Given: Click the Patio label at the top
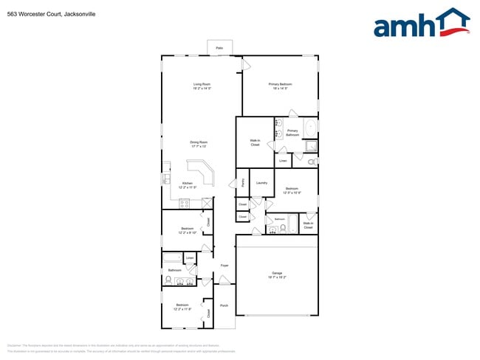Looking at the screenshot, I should click(x=219, y=48).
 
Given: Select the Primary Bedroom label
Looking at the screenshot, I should click(x=280, y=84).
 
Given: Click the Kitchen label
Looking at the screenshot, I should click(x=188, y=183).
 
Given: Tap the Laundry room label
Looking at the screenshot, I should click(x=261, y=182).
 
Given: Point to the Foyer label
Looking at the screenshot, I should click(x=224, y=265).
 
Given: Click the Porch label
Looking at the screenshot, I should click(x=224, y=305).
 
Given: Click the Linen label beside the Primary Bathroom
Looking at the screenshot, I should click(x=283, y=160).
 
